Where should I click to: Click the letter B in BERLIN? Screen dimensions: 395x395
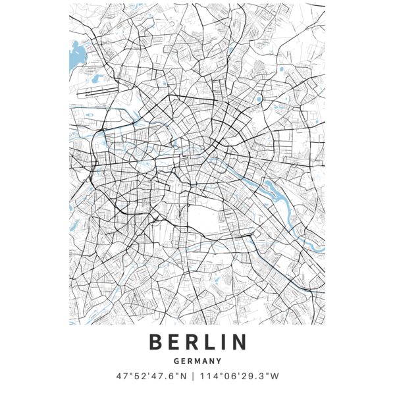click(156, 342)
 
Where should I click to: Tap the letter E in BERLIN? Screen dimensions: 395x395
click(174, 342)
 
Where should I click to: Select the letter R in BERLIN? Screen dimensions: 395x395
click(194, 342)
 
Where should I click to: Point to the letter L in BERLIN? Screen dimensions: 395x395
click(212, 342)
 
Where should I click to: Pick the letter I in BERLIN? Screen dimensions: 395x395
click(225, 342)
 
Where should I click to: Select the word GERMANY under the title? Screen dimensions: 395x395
click(197, 361)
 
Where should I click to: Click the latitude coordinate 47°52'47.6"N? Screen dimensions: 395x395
click(151, 377)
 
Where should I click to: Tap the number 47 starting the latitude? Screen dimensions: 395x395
click(120, 377)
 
